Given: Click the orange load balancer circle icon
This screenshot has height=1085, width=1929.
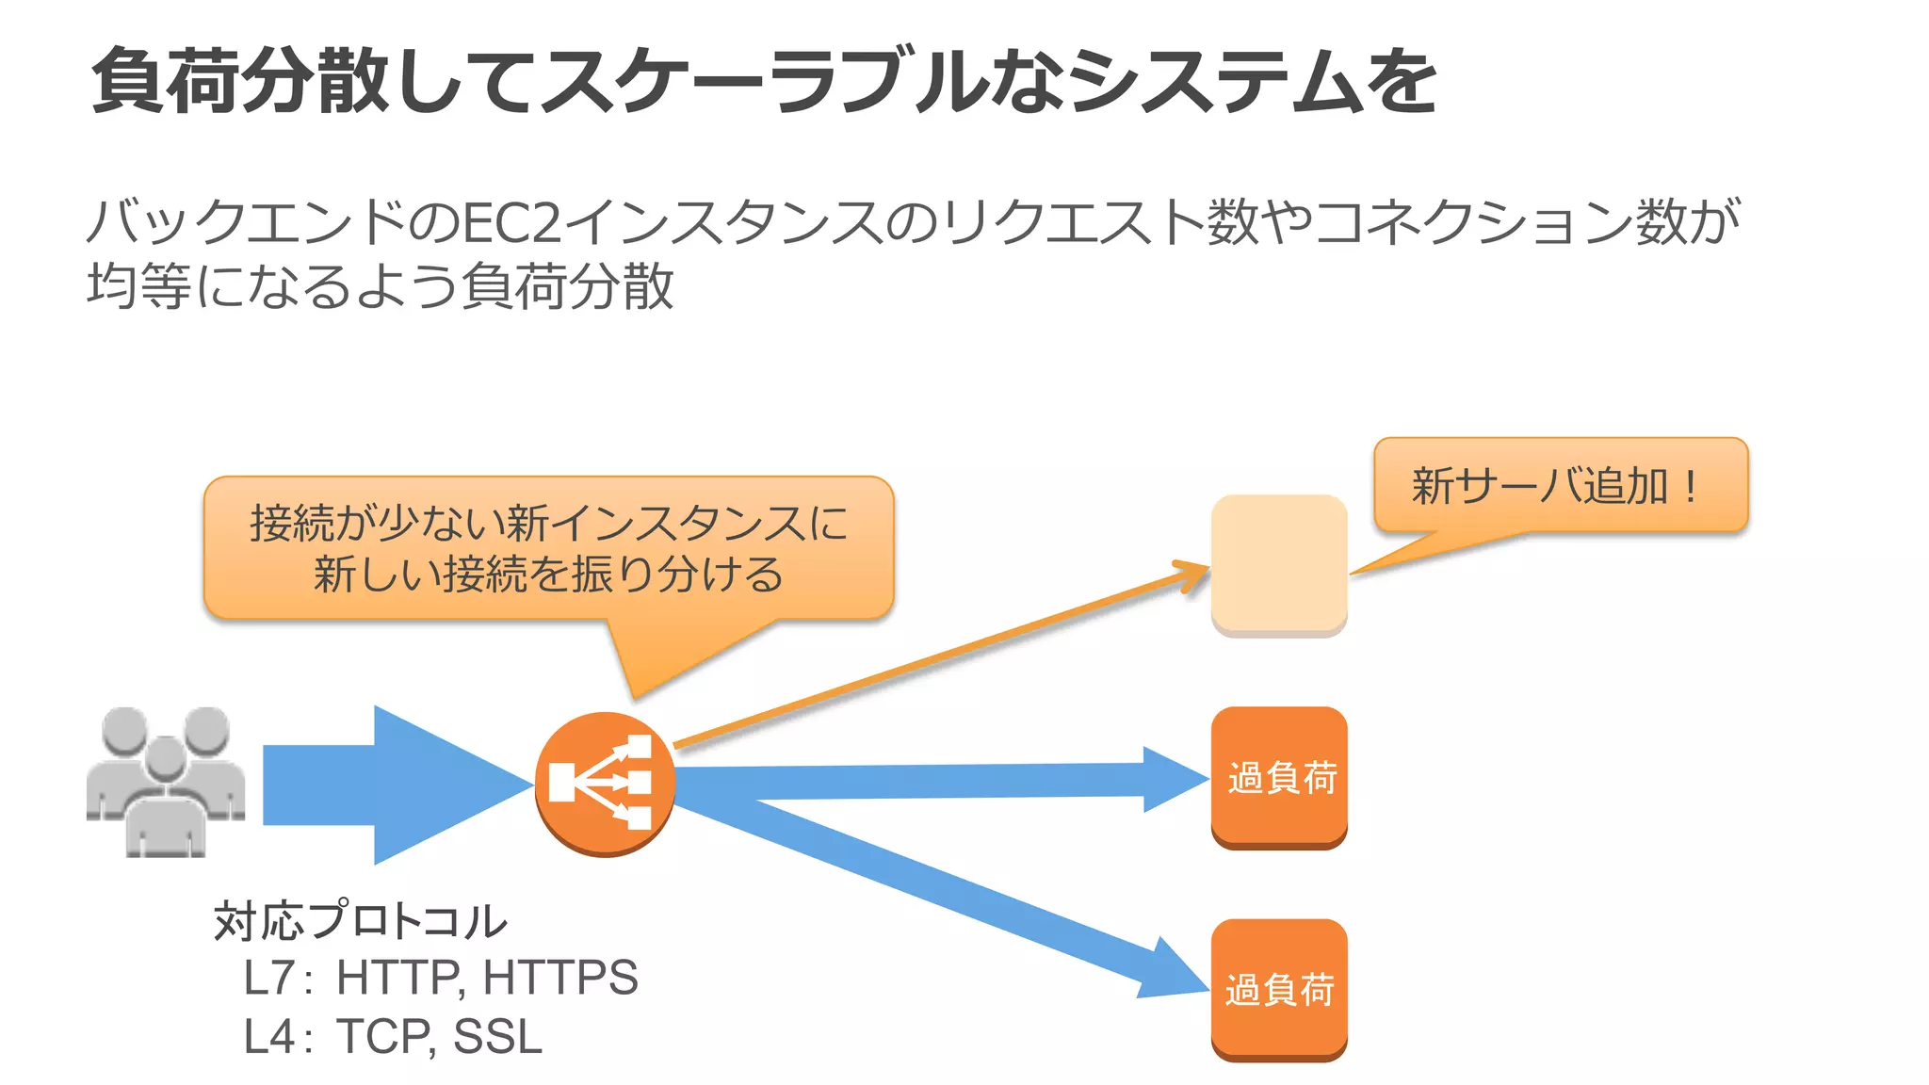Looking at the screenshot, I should point(605,783).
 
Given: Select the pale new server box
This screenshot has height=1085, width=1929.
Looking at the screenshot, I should point(1278,564).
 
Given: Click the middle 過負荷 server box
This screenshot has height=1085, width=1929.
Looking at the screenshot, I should point(1278,778).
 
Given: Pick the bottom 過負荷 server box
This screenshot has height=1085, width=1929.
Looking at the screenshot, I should point(1278,990).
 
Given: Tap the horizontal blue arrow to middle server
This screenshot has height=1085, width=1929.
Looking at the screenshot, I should point(942,781).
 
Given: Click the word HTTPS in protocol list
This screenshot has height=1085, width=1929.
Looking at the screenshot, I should point(560,977).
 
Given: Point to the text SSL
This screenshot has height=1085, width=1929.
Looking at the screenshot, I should point(497,1036).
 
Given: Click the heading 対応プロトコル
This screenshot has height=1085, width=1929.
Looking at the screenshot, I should point(361,920).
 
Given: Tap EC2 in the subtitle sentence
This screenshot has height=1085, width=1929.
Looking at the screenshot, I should point(512,223).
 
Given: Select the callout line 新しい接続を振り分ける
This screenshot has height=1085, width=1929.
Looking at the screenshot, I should point(548,574).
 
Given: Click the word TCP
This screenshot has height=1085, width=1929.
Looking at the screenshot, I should point(382,1036).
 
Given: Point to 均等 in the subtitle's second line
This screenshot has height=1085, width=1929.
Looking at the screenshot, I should point(139,285).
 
